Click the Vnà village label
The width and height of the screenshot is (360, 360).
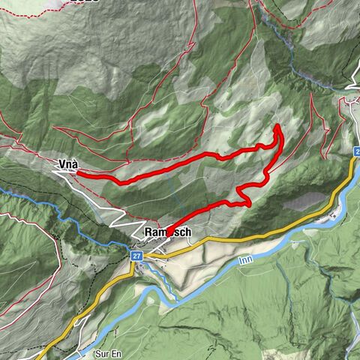68,163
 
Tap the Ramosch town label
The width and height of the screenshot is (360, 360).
167,233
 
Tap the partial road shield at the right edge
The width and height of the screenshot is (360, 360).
355,152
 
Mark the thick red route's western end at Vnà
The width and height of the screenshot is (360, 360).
78,174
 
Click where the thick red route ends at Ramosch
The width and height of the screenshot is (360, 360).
166,234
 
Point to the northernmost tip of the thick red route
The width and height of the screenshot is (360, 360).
278,125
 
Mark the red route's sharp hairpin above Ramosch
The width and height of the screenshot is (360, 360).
247,201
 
